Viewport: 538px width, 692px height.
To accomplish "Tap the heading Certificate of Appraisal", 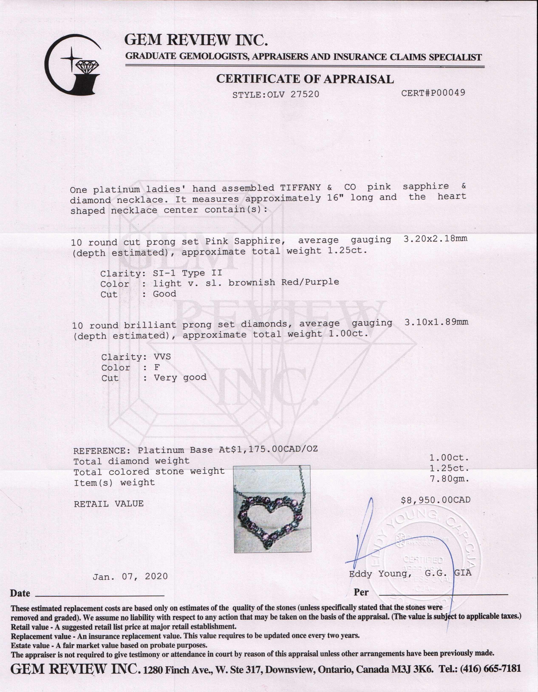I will [x=305, y=79].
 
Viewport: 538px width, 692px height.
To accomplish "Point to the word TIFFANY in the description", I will [x=300, y=188].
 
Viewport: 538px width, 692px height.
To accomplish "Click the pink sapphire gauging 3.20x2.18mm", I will [x=435, y=239].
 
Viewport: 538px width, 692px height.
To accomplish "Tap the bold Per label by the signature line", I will [x=361, y=592].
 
